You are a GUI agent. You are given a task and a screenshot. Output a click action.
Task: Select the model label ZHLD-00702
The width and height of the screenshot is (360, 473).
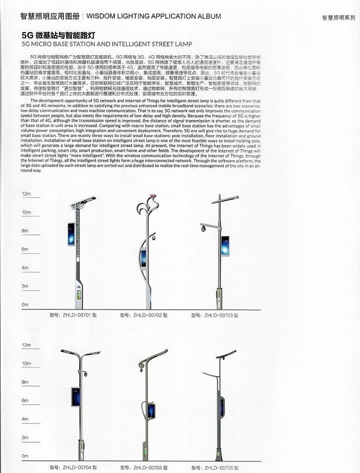[x=143, y=316]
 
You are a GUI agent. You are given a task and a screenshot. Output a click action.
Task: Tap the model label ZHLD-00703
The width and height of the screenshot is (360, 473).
[x=215, y=316]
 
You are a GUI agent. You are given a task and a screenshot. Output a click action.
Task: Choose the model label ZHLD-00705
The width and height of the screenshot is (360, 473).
[x=143, y=467]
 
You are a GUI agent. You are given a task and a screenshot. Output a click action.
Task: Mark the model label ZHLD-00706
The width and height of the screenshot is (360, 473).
[x=215, y=467]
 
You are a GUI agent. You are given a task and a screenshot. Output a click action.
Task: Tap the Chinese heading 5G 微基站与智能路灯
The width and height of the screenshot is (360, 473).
[x=58, y=36]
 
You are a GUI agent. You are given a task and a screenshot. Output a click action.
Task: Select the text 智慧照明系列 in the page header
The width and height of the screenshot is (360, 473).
[x=338, y=18]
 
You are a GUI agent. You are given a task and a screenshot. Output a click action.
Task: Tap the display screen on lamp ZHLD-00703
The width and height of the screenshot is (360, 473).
[x=225, y=246]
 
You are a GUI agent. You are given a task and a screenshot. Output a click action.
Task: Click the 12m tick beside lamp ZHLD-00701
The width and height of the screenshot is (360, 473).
[x=26, y=194]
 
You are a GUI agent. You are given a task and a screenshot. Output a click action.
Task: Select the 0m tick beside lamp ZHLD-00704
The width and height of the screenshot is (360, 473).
[x=25, y=456]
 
